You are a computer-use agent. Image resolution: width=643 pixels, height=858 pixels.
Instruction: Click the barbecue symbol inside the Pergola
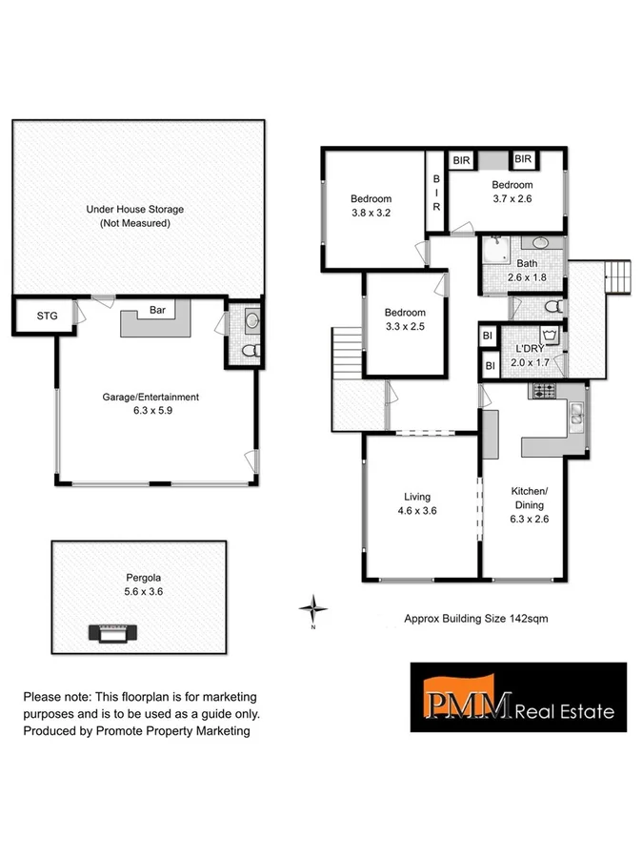113,633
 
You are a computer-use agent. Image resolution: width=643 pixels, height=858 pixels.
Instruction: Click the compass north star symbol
312,607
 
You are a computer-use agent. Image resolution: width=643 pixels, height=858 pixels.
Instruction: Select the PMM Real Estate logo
518,697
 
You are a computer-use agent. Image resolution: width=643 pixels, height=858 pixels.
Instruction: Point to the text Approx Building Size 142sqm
476,619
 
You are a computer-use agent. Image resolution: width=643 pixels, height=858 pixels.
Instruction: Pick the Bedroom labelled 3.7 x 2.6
512,192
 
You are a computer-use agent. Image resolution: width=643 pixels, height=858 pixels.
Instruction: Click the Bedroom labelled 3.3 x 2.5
405,319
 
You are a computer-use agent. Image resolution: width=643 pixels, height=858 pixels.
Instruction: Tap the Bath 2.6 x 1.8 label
527,270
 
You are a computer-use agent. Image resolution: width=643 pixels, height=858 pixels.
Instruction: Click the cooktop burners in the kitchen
542,390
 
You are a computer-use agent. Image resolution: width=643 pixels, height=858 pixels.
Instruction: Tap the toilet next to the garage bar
251,350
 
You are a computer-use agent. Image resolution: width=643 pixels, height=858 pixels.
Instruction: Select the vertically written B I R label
435,191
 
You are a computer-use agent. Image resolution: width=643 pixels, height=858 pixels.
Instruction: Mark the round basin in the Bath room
539,243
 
